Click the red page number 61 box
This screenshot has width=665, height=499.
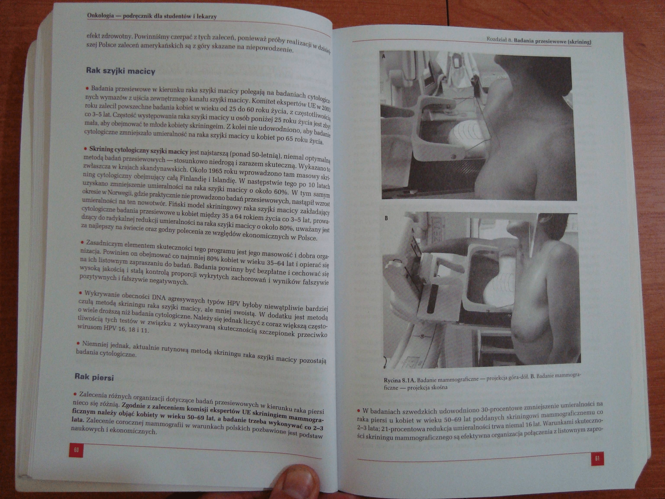pos(597,458)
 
